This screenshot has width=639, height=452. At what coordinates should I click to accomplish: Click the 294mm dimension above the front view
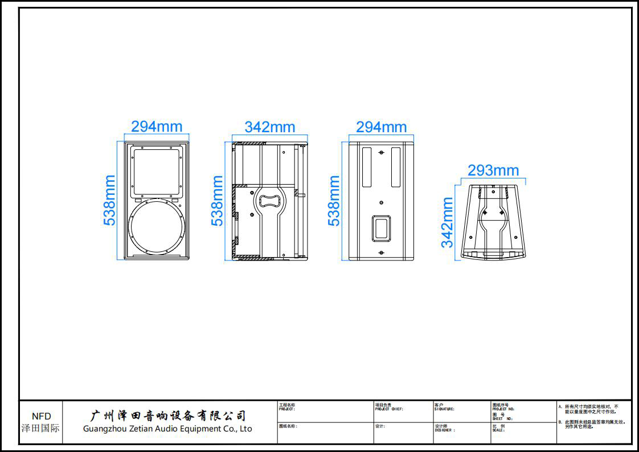tap(157, 127)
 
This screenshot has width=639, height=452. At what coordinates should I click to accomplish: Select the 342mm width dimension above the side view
tap(270, 127)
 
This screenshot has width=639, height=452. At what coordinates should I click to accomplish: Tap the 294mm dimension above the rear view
tap(381, 127)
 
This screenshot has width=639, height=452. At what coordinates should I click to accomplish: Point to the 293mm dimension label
tap(493, 170)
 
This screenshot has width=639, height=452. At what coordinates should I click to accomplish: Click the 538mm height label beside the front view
tap(110, 200)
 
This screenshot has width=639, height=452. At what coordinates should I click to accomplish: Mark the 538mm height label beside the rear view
tap(334, 200)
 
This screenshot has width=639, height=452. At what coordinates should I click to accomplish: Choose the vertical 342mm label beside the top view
tap(448, 222)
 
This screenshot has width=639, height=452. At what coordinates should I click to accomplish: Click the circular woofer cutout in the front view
tap(157, 227)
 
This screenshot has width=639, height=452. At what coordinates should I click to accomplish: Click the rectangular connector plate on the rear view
tap(381, 228)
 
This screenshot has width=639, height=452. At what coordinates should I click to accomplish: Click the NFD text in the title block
tap(41, 416)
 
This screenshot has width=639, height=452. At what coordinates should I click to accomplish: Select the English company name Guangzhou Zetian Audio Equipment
tap(167, 429)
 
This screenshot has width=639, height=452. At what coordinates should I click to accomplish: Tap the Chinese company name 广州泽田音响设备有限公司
tap(169, 415)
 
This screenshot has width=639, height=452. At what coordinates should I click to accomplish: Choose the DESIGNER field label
tap(445, 430)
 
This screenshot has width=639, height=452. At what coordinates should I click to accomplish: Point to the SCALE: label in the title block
tap(498, 430)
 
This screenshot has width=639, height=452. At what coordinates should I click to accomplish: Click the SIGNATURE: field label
tap(444, 409)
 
